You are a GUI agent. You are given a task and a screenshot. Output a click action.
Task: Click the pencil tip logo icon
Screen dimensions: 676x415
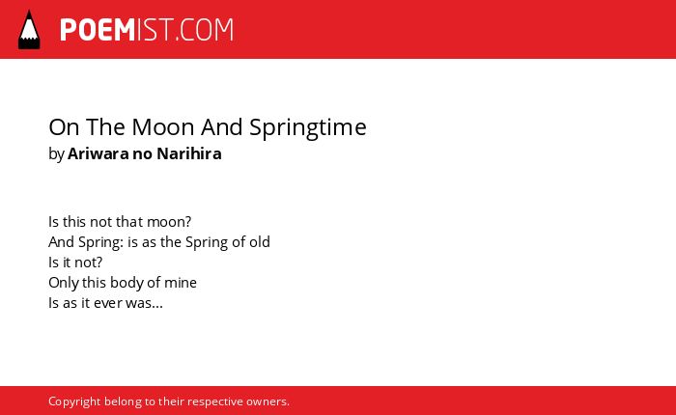tap(29, 30)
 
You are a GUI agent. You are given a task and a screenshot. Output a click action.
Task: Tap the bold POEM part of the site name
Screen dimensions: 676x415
tap(98, 30)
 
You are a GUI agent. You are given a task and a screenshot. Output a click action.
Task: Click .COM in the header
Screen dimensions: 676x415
tap(205, 30)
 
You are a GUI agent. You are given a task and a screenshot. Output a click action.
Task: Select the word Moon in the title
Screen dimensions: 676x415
tap(163, 127)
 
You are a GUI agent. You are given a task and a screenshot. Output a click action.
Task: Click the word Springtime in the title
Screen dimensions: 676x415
tap(308, 128)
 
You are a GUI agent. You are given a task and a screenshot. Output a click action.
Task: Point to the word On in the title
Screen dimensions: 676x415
tap(65, 127)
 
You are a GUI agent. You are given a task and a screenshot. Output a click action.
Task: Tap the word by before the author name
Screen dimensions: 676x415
tap(56, 153)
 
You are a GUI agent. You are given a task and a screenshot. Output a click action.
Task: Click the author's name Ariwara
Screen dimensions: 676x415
tap(98, 153)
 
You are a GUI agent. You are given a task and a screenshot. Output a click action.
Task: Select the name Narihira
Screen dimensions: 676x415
tap(189, 153)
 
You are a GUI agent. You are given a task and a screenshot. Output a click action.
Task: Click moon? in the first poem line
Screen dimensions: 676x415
tap(169, 222)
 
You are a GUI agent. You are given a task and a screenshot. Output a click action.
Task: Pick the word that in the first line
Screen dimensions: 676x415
tap(129, 222)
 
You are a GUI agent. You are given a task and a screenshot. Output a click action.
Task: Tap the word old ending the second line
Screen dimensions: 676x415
tap(260, 241)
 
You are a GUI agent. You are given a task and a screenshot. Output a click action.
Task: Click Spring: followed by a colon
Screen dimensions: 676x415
tap(100, 242)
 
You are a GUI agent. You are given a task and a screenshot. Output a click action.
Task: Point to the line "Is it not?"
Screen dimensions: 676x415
tap(75, 262)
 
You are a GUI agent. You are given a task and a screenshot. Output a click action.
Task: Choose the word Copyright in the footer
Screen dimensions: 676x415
tap(74, 401)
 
